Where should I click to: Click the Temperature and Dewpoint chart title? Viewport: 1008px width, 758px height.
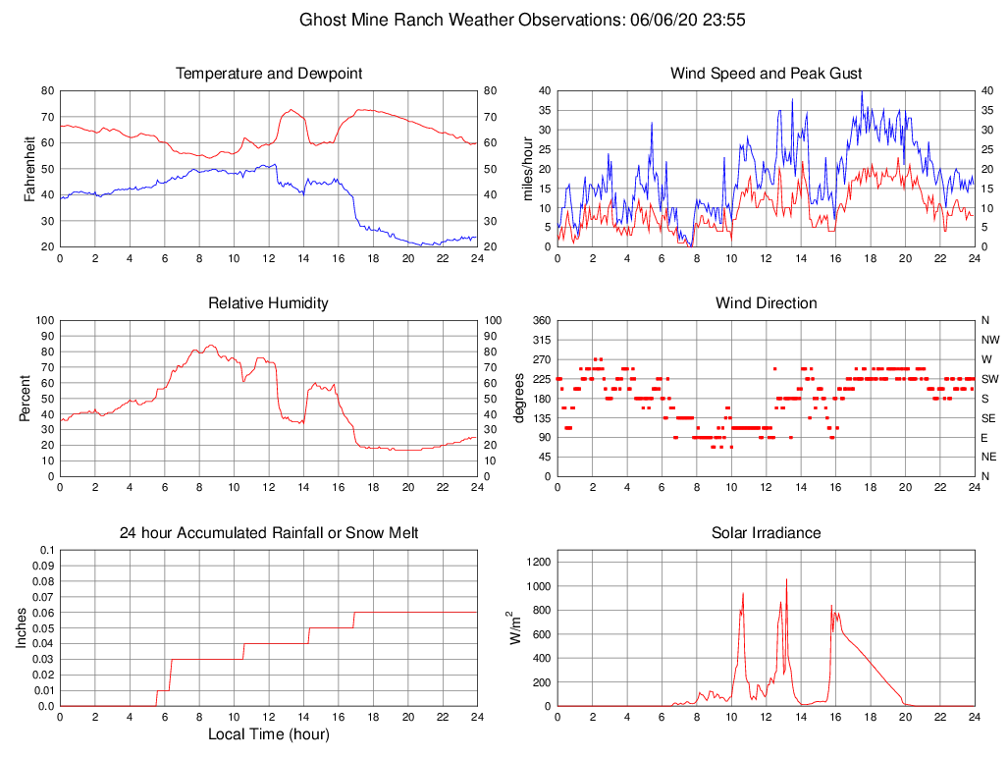coord(268,74)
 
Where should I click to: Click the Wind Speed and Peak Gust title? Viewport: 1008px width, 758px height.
coord(766,74)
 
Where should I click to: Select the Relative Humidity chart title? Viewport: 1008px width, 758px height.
coord(268,303)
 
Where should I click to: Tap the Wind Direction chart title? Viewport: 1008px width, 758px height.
coord(766,303)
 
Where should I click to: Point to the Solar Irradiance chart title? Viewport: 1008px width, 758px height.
coord(766,533)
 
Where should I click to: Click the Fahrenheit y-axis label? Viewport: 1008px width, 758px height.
coord(29,168)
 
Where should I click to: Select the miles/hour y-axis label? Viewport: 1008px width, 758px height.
coord(527,168)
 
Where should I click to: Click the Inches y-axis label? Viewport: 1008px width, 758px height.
coord(22,627)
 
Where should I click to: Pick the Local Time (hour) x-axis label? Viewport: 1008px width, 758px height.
coord(268,734)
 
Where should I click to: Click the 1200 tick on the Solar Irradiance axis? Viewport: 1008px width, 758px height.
coord(535,563)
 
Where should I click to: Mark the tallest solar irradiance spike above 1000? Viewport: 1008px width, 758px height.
coord(786,580)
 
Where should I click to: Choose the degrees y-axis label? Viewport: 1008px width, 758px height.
coord(519,398)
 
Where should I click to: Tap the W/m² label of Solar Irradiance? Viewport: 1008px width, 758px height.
coord(514,627)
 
